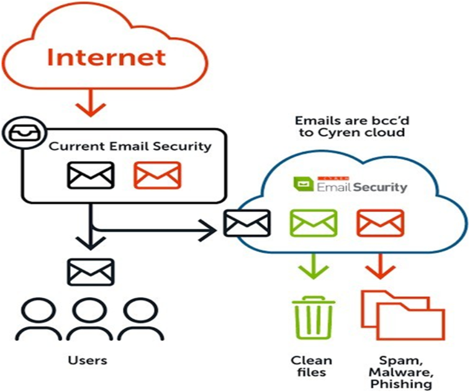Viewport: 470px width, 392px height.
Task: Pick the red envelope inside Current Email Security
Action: [157, 175]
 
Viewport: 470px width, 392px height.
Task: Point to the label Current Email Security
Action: [130, 147]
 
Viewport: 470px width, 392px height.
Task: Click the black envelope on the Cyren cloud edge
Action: [246, 223]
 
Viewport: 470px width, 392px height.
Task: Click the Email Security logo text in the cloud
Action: [362, 186]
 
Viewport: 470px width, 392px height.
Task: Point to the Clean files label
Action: [312, 366]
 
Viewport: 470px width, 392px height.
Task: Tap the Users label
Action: [88, 360]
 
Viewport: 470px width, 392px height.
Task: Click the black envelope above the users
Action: [91, 271]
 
